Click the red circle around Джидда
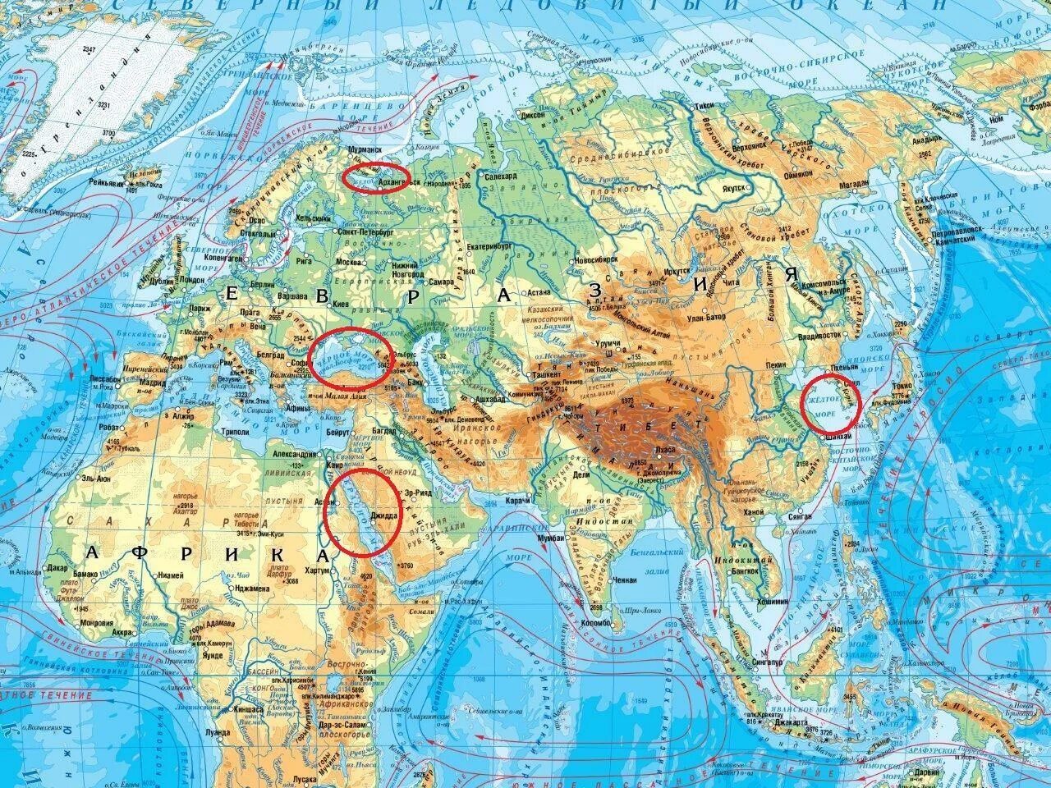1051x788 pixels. pos(362,513)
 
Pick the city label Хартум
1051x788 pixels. pos(314,570)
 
